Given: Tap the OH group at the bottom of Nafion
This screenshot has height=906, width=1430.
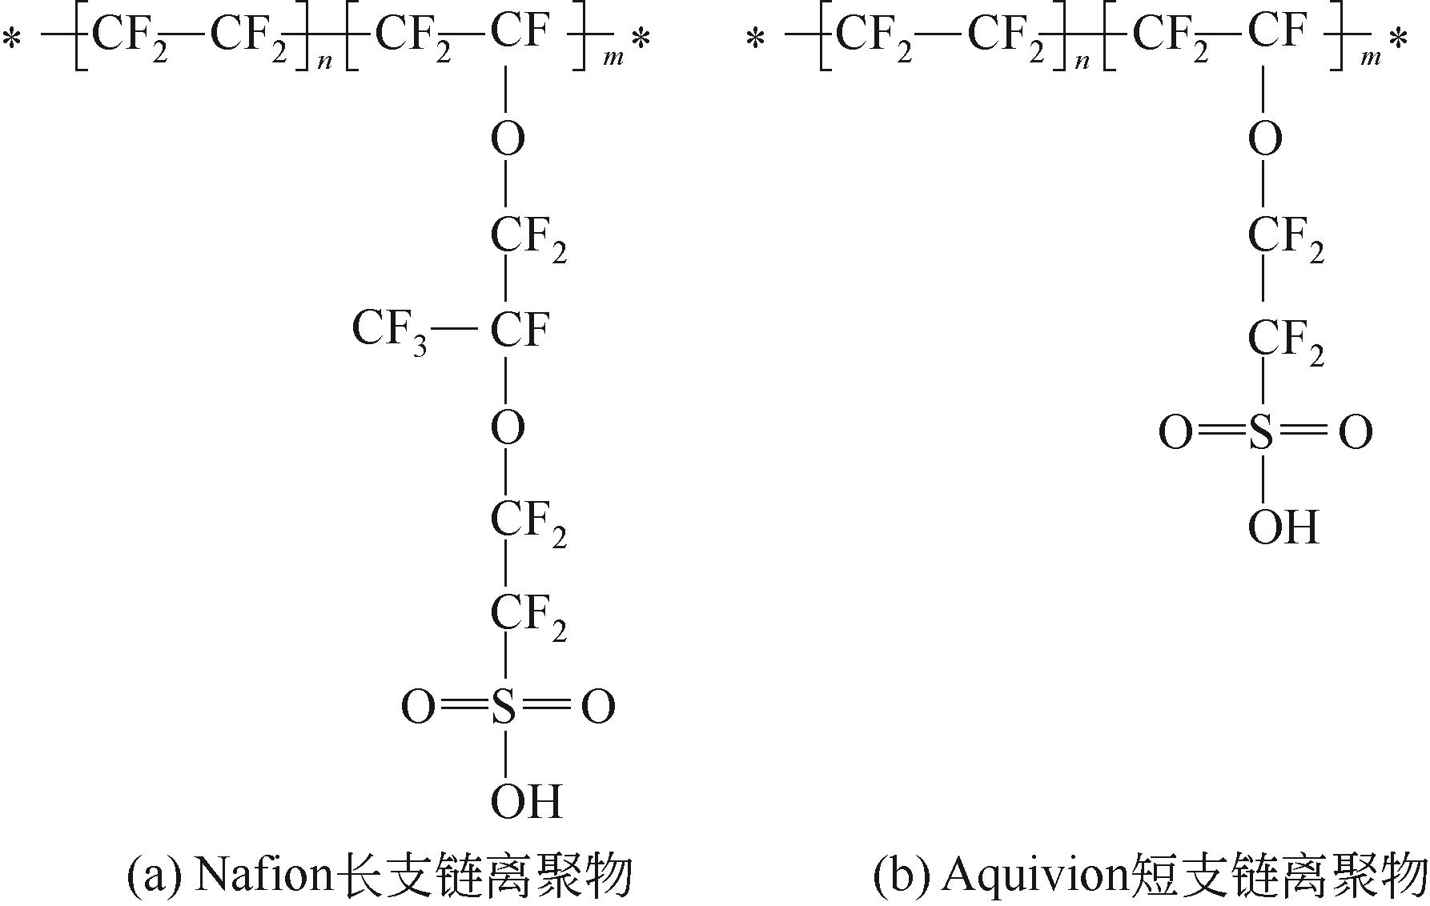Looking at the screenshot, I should click(x=526, y=801).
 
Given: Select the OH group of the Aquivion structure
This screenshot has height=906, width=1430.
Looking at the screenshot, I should click(x=1283, y=527).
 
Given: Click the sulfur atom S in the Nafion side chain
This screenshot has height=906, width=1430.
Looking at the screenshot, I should click(x=504, y=707).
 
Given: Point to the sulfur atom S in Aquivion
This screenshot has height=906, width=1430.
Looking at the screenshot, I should click(x=1261, y=433).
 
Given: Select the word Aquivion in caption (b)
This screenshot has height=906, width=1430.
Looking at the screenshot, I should click(x=1035, y=876).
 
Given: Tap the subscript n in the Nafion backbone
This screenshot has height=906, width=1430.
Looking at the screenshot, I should click(x=324, y=61).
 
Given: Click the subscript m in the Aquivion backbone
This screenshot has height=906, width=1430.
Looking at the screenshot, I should click(x=1370, y=58).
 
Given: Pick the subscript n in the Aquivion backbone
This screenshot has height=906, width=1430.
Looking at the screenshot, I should click(x=1082, y=61).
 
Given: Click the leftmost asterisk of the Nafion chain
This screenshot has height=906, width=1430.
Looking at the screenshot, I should click(x=11, y=38).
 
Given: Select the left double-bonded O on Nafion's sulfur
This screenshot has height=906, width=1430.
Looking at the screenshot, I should click(x=418, y=708).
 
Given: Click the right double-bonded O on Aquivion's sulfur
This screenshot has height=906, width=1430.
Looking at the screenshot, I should click(x=1356, y=433).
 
